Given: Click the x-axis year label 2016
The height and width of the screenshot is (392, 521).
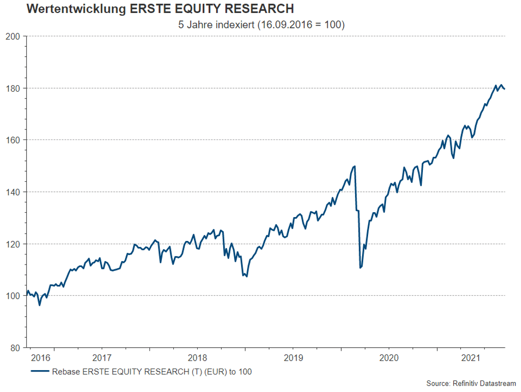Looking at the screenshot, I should (40, 357).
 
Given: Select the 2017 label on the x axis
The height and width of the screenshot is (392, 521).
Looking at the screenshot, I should (102, 357).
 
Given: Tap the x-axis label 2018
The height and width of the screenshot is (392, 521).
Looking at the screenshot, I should (197, 357).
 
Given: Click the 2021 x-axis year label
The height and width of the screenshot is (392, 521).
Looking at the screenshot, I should (471, 357).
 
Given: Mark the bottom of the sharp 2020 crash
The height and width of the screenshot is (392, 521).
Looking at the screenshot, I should (360, 268).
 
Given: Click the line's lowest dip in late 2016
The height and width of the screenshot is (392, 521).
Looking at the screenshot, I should (39, 305).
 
